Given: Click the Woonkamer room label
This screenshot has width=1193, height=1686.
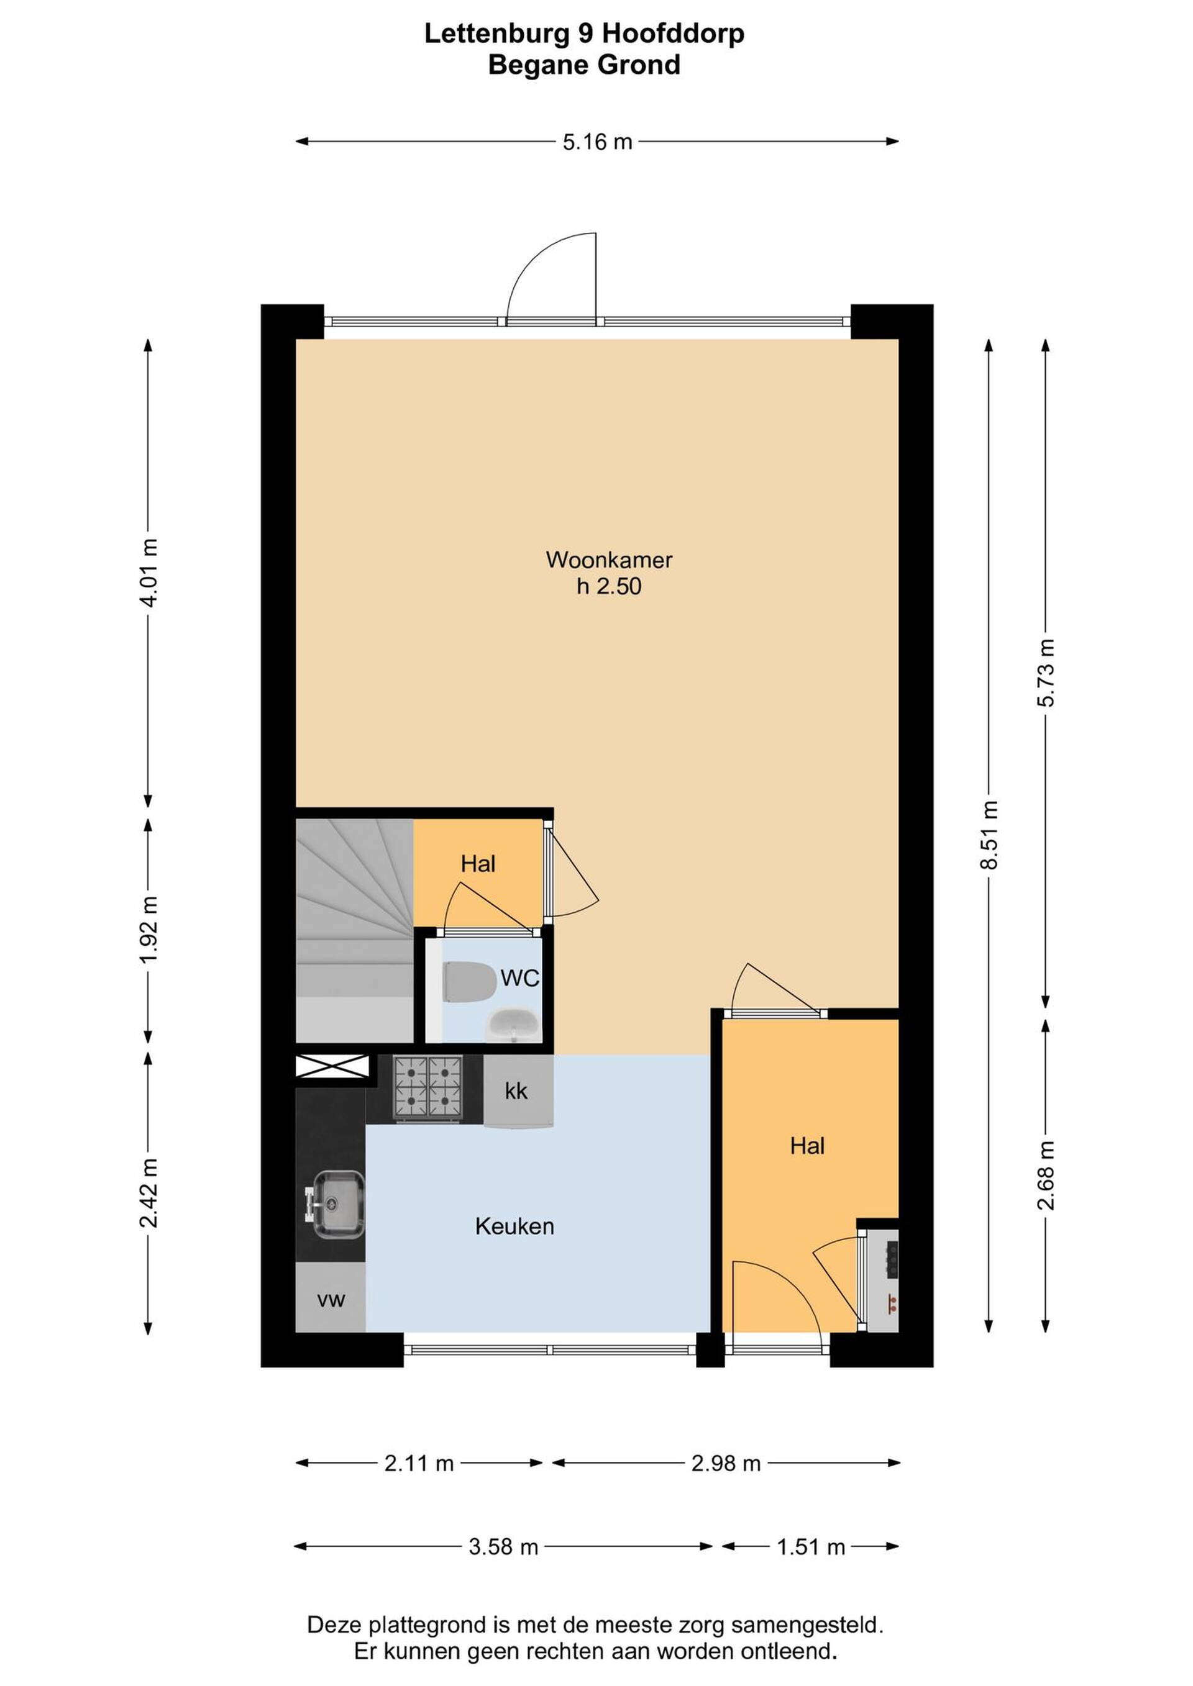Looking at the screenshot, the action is pos(609,560).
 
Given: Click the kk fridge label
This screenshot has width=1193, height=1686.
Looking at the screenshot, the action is pos(516,1091).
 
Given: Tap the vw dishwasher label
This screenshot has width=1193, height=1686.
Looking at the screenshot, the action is pos(331,1300).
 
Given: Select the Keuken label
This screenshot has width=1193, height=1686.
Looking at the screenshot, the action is pos(514,1226).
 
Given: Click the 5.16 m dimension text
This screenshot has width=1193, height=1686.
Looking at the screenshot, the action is pos(597,142).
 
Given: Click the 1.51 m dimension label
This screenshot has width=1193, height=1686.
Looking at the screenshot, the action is pos(811,1548).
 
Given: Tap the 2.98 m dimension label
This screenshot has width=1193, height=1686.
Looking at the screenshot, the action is pos(726,1464).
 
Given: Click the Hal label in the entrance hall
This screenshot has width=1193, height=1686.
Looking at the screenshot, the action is pos(807,1146).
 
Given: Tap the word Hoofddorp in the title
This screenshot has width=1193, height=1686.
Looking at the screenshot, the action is pos(674,34).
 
